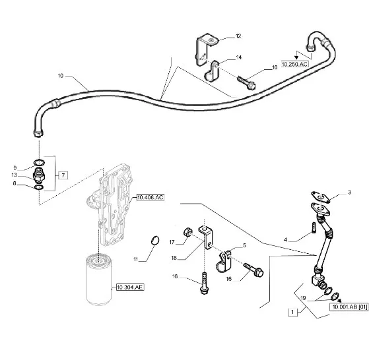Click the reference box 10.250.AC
point(295,64)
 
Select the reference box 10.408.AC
point(150,197)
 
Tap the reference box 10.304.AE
point(130,287)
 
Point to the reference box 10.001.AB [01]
point(349,307)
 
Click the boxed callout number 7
point(63,175)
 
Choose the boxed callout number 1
point(292,312)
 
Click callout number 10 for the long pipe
point(61,76)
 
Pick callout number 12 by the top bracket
point(238,36)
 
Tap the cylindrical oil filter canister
point(98,280)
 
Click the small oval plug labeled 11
point(155,240)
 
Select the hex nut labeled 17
point(187,232)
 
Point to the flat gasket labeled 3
point(320,196)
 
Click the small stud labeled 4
point(314,227)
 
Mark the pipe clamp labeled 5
point(223,262)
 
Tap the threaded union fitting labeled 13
point(39,175)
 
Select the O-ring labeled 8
point(39,187)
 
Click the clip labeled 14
point(213,71)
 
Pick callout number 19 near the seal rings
point(303,298)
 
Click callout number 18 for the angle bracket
point(174,258)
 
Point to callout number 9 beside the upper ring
point(15,167)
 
